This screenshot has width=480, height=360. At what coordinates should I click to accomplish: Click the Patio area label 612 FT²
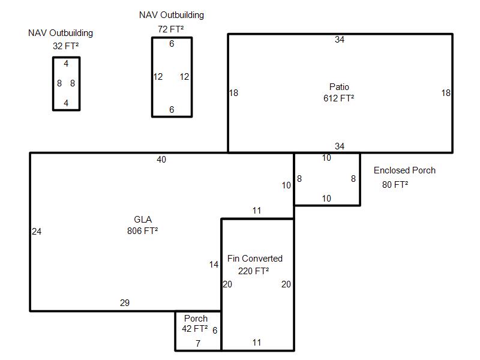(338, 98)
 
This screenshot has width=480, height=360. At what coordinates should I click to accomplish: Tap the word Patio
(339, 86)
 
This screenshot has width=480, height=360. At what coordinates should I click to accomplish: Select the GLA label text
(143, 219)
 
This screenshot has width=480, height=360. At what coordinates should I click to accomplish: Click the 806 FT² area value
(142, 230)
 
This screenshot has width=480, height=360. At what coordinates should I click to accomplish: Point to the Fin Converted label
(254, 259)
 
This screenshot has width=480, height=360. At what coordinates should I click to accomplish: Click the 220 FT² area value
(253, 271)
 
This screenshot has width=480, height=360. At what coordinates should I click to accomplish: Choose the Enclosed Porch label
(404, 170)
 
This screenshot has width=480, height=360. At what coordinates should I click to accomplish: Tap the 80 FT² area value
(395, 185)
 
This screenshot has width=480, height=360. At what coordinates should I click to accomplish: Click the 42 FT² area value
(194, 328)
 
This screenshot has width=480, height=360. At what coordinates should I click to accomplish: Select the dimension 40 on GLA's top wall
(161, 160)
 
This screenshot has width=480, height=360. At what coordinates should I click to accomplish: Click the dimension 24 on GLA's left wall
(37, 232)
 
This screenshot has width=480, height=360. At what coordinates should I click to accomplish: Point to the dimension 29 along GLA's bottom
(125, 303)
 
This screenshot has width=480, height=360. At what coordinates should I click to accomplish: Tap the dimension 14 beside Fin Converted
(214, 265)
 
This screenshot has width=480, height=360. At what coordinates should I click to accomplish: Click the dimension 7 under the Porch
(198, 343)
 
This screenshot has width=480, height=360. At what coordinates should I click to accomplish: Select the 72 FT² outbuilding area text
(170, 29)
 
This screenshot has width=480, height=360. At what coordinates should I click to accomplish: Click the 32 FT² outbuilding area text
(65, 46)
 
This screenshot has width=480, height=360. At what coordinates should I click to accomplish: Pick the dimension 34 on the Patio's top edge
(340, 40)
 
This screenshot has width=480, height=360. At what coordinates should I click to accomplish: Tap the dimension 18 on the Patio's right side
(446, 93)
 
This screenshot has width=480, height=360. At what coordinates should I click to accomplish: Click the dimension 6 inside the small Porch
(215, 331)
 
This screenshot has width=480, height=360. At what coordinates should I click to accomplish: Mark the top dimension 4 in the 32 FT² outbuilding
(66, 64)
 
